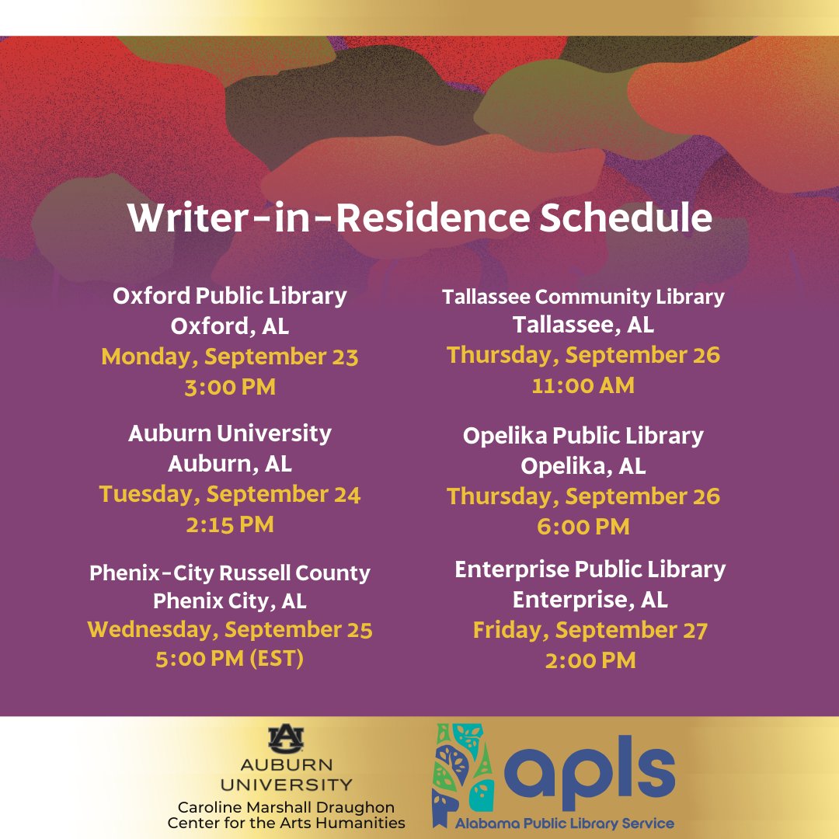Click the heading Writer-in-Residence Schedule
click(419, 218)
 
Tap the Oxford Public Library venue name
click(230, 296)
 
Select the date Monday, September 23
click(230, 357)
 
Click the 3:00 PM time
click(230, 387)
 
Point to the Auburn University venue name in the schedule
click(230, 433)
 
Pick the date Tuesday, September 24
click(230, 494)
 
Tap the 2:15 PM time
click(230, 524)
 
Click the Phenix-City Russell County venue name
click(230, 573)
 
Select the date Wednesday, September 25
click(230, 629)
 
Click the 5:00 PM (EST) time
click(230, 660)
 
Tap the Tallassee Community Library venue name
click(583, 296)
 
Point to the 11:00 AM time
click(583, 385)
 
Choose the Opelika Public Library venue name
click(583, 436)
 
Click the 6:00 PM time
click(583, 527)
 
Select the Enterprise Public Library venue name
click(590, 569)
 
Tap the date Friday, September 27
click(590, 630)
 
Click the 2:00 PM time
click(590, 660)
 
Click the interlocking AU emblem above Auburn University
click(286, 738)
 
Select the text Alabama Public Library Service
click(565, 823)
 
